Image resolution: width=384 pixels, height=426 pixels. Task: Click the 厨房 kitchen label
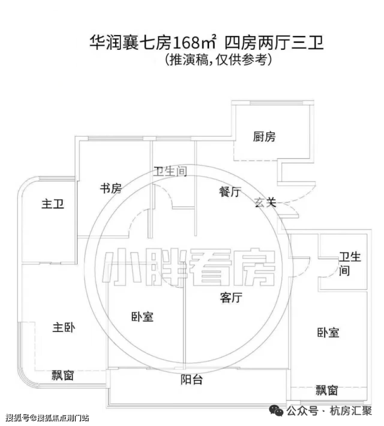pyautogui.click(x=264, y=137)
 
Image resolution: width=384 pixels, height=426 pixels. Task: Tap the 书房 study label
pyautogui.click(x=111, y=188)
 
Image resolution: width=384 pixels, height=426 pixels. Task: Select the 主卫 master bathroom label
pyautogui.click(x=53, y=204)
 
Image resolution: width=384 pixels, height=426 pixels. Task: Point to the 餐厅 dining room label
pyautogui.click(x=230, y=192)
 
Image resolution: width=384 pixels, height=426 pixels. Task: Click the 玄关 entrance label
pyautogui.click(x=266, y=202)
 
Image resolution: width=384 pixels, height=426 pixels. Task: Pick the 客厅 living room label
pyautogui.click(x=231, y=297)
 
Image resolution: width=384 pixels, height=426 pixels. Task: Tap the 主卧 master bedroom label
pyautogui.click(x=64, y=328)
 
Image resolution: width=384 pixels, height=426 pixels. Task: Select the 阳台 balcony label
pyautogui.click(x=191, y=379)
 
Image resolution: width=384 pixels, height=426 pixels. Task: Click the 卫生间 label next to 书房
pyautogui.click(x=170, y=172)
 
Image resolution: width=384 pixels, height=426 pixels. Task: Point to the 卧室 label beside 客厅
pyautogui.click(x=143, y=317)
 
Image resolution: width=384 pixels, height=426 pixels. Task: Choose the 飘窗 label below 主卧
pyautogui.click(x=63, y=375)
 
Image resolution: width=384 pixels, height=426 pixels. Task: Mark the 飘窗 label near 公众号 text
pyautogui.click(x=326, y=390)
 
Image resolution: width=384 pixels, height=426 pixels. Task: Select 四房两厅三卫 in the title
pyautogui.click(x=275, y=42)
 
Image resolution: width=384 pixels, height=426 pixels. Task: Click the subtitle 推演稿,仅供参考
pyautogui.click(x=218, y=60)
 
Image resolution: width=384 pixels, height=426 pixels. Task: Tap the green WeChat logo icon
pyautogui.click(x=277, y=411)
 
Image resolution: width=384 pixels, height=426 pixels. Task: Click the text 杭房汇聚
pyautogui.click(x=351, y=411)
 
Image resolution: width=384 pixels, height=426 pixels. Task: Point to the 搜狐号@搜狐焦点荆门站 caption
pyautogui.click(x=47, y=418)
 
